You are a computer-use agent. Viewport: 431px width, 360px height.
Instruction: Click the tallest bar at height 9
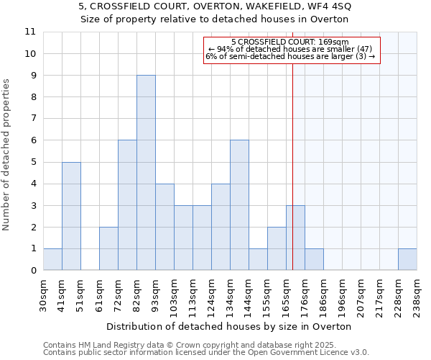point(146,173)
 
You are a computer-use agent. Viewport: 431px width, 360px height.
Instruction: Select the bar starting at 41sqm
point(71,216)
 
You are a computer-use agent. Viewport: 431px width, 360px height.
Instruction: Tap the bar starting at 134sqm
point(239,205)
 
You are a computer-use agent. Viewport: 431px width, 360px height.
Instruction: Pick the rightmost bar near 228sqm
point(407,259)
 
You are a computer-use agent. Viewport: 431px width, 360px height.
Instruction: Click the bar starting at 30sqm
point(52,259)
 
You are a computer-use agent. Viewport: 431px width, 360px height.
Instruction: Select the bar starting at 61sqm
point(108,248)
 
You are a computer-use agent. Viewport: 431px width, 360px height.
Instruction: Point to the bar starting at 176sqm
point(314,259)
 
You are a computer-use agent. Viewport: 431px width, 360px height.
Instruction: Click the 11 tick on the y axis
point(30,32)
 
